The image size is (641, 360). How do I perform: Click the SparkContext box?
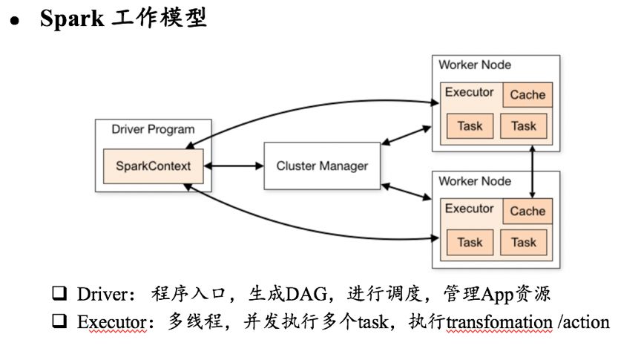coord(154,166)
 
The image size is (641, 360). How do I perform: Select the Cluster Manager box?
coord(322,166)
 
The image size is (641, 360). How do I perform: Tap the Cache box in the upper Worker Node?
coord(527,95)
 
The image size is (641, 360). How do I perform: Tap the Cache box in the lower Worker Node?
coord(527,212)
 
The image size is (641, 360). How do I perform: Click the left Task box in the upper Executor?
coord(470,126)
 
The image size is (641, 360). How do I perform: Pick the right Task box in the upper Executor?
coord(524,126)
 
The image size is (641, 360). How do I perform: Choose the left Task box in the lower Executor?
coord(470,242)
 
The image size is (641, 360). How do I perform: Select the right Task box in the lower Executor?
coord(524,242)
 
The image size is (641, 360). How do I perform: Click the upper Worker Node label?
coord(475,65)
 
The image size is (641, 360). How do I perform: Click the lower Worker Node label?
coord(475,181)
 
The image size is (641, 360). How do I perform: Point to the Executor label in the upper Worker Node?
coord(469,93)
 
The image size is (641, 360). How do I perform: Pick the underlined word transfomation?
coord(499,322)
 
